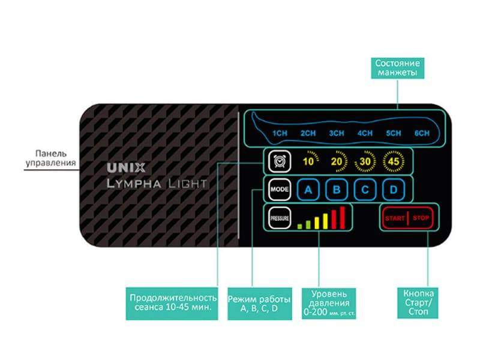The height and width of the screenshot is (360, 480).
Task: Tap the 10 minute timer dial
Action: coord(308,160)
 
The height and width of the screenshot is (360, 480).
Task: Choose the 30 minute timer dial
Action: coord(365,160)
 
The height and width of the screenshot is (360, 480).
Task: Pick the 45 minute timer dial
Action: coord(393,160)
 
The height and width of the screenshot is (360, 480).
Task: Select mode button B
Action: coord(337,190)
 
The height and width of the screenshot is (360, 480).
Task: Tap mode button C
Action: coord(365,190)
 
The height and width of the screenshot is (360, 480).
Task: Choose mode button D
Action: coord(394,190)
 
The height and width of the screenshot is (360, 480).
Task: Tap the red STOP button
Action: coord(421,217)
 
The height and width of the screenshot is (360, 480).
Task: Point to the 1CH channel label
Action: coord(279,133)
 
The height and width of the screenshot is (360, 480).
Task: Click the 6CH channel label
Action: coord(422,133)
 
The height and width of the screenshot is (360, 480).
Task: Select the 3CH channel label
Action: coord(336,133)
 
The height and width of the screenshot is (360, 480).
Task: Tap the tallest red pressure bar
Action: coord(343,217)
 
